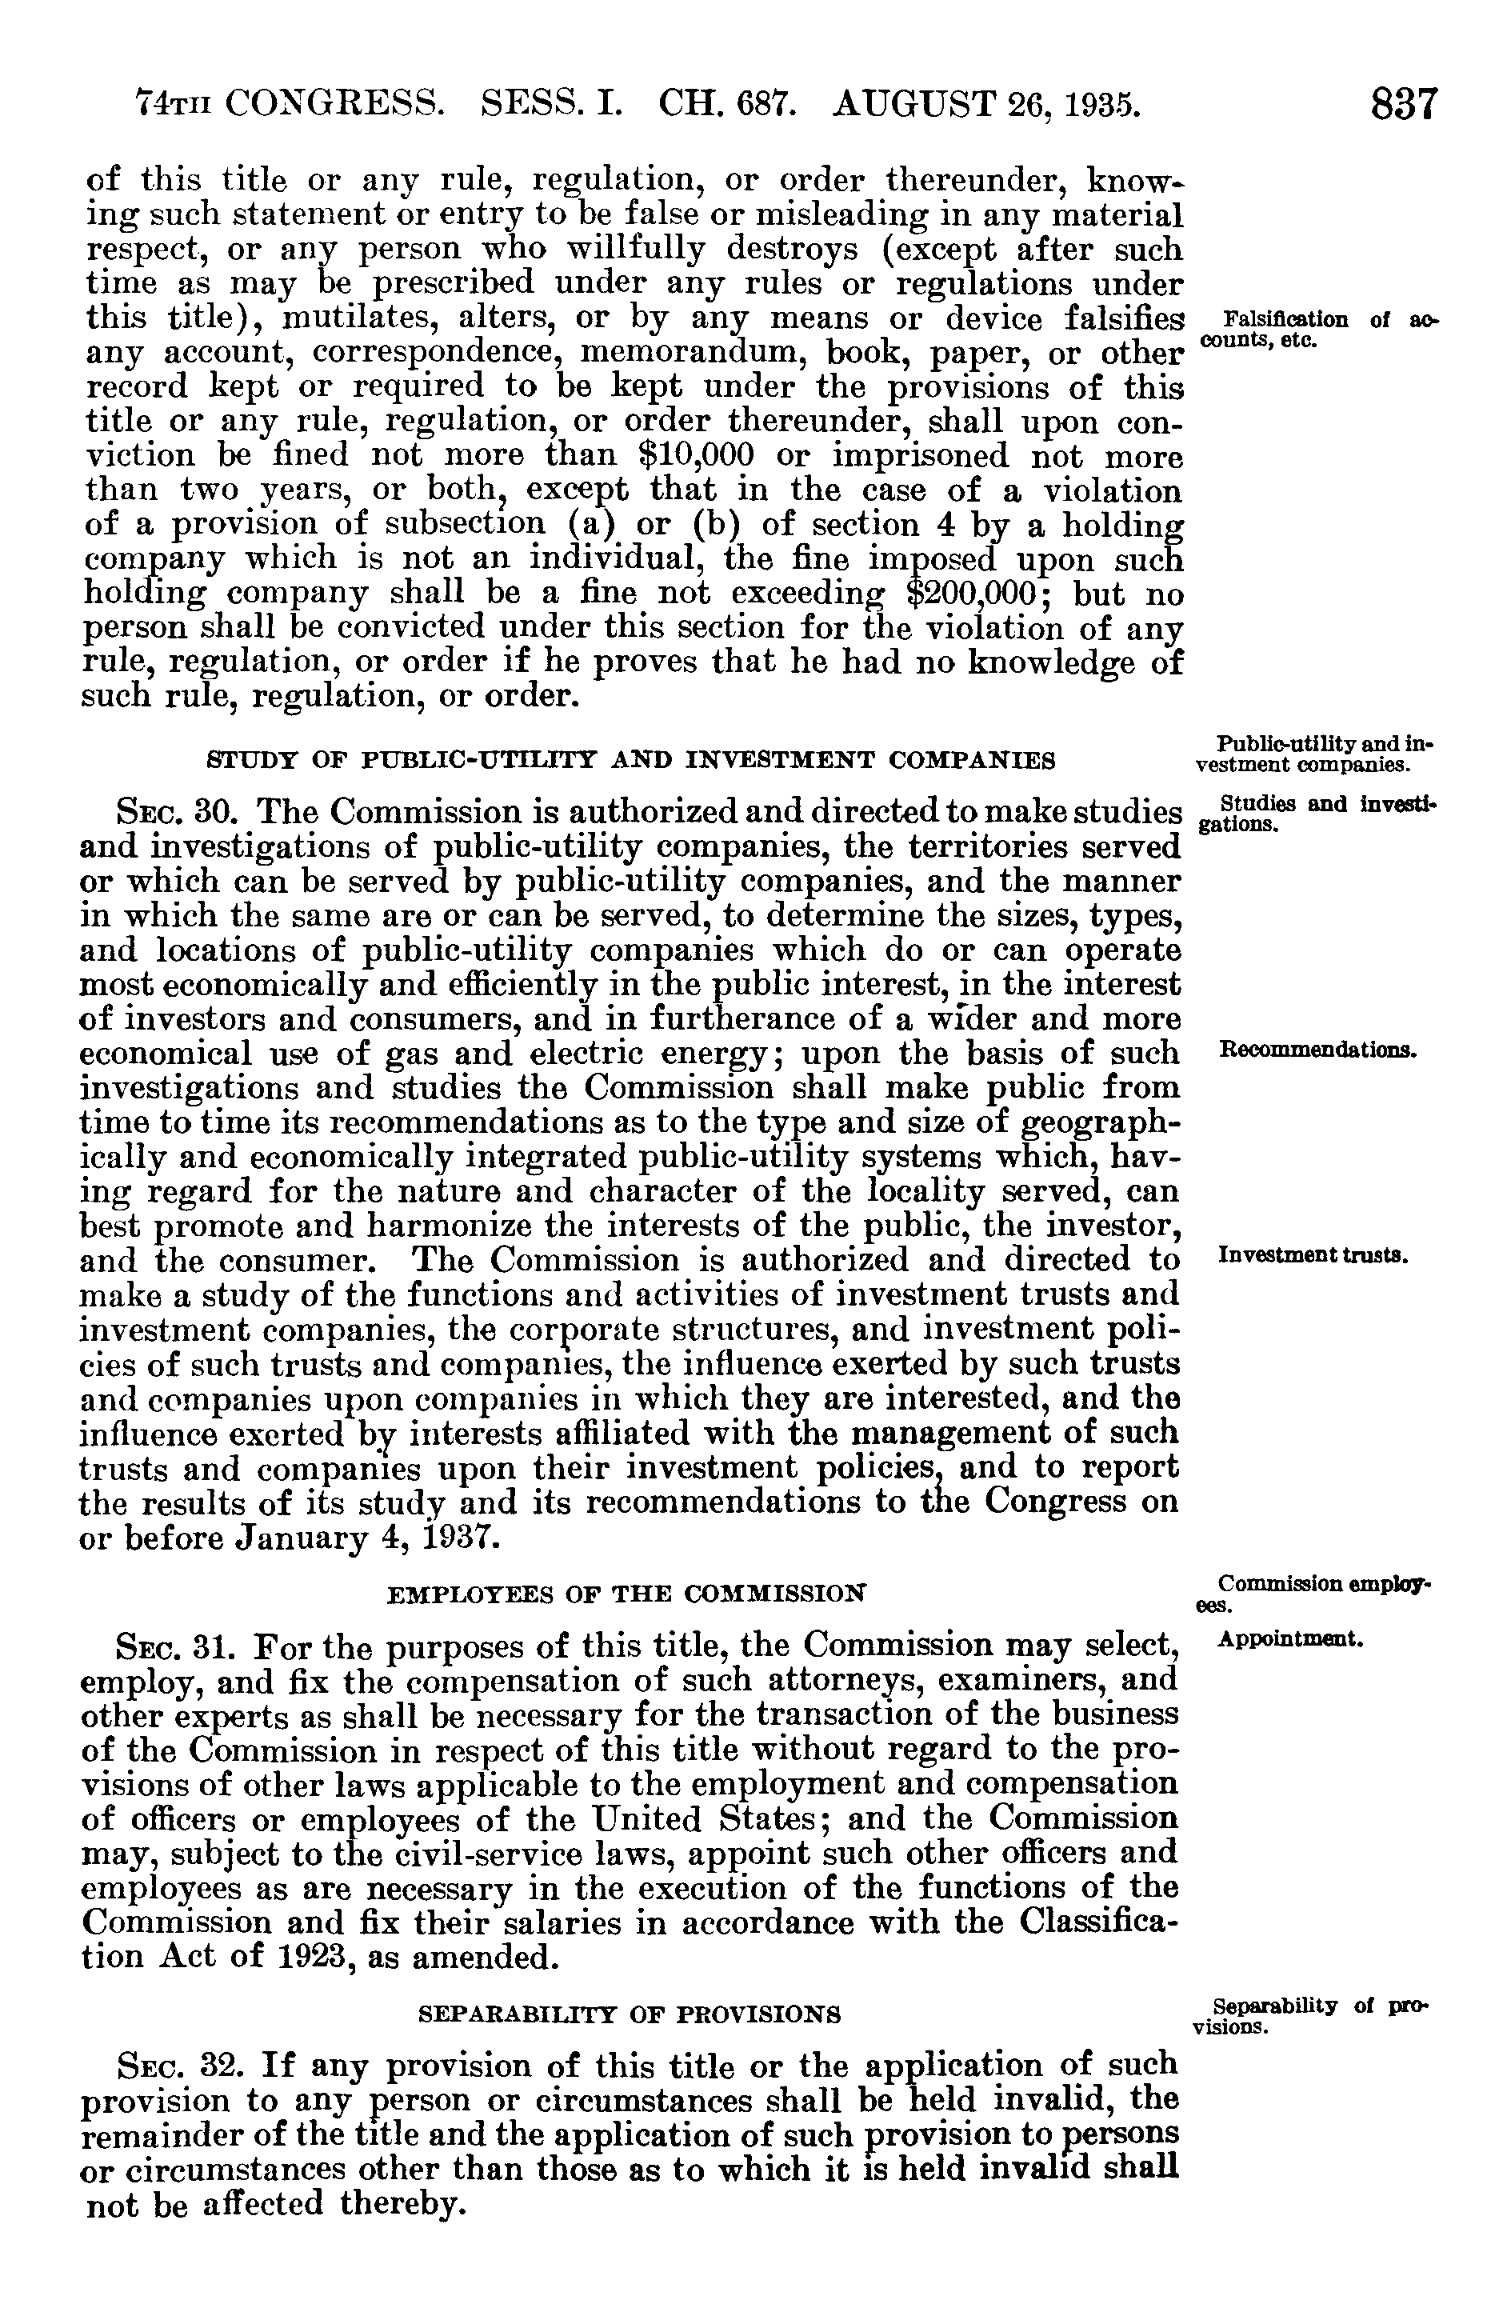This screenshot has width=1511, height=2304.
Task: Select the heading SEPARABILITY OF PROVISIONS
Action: (x=628, y=2015)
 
